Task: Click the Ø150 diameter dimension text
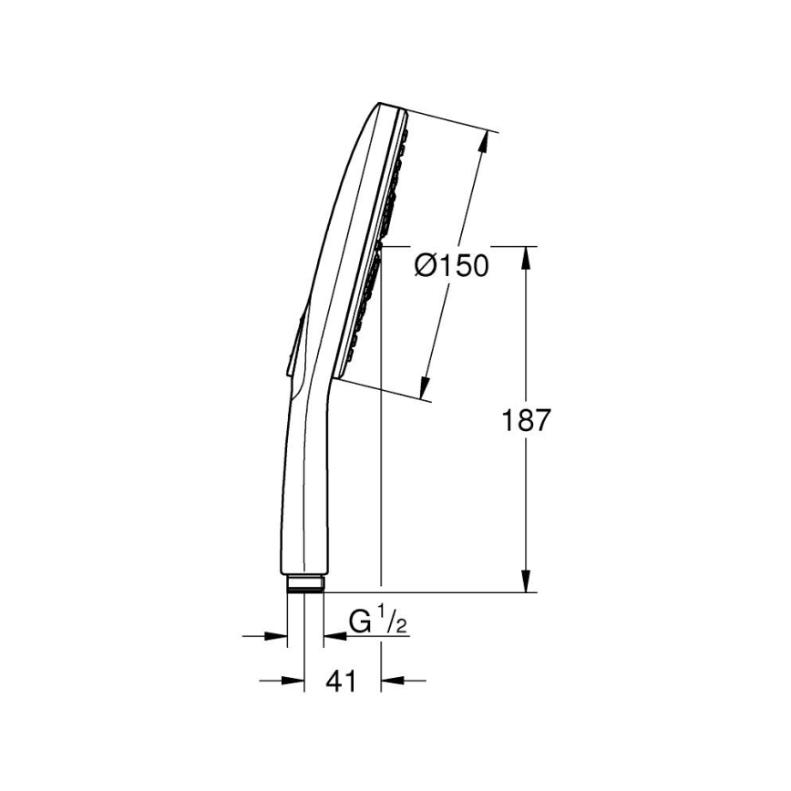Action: pyautogui.click(x=451, y=266)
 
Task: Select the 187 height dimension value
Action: pyautogui.click(x=526, y=420)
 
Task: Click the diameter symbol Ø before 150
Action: pyautogui.click(x=426, y=266)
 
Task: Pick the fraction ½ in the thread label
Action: pyautogui.click(x=394, y=623)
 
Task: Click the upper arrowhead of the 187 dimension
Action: pyautogui.click(x=526, y=256)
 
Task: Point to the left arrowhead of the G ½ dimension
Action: pyautogui.click(x=277, y=635)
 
